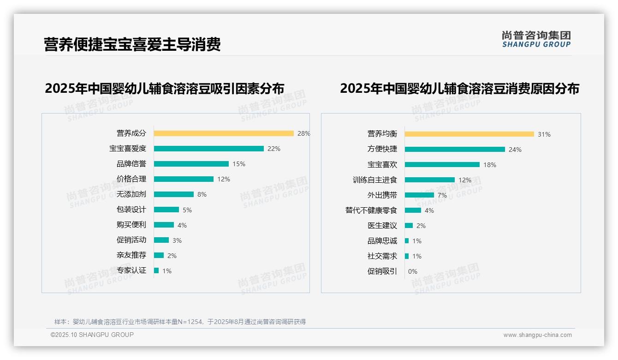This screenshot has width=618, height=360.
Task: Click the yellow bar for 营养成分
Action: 224,133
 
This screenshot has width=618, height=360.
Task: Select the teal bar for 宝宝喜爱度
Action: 208,149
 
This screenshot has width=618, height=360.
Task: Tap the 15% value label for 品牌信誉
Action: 239,164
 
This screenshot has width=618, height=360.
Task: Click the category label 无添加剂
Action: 131,194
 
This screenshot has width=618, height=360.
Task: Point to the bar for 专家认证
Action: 156,270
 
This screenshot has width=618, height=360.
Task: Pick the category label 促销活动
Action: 131,240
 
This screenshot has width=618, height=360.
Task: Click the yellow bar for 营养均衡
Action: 469,134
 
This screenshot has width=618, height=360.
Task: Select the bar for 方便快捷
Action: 455,150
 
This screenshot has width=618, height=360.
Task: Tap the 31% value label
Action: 544,134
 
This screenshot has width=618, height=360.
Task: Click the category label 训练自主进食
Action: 374,180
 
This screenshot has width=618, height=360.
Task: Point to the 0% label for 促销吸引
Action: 412,271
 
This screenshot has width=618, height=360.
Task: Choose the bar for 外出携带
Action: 419,195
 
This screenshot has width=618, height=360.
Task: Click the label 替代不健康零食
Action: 371,210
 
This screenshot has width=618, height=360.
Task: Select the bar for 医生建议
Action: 409,226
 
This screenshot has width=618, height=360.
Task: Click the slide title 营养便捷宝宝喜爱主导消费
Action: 132,44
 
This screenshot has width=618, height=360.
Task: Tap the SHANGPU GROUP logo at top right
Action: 536,39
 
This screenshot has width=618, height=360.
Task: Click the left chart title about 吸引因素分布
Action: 164,89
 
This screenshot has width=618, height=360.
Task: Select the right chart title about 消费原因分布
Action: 459,89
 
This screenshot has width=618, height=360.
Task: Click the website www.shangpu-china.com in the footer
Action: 537,335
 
